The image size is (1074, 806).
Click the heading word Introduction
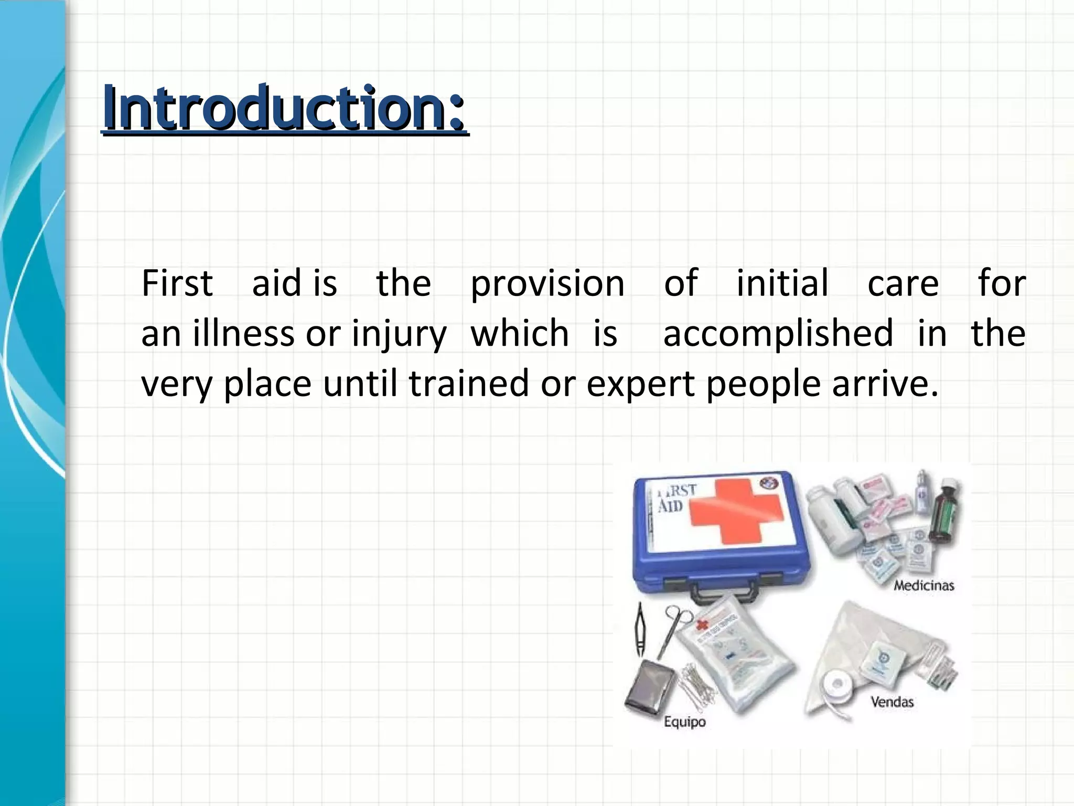coord(283,108)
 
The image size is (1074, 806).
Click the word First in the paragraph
coord(177,283)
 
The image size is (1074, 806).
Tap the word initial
coord(782,283)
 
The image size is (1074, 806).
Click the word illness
coord(243,334)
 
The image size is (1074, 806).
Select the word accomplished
coord(778,334)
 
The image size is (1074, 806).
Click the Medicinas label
coord(923,585)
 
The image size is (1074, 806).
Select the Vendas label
coord(892,702)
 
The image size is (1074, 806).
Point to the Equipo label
coord(684,722)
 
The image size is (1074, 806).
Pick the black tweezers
coord(640,630)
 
